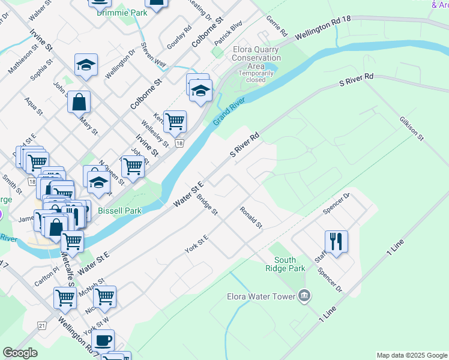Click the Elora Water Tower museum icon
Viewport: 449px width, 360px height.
click(x=304, y=296)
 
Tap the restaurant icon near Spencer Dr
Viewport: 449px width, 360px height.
click(x=336, y=241)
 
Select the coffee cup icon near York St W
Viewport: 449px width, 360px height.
click(x=103, y=340)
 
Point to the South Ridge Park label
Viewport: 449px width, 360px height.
click(x=285, y=264)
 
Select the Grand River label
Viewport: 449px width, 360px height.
click(x=229, y=112)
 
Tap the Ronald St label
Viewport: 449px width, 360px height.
click(x=251, y=217)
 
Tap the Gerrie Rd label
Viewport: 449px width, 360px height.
click(x=277, y=25)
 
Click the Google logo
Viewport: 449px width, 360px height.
click(x=20, y=353)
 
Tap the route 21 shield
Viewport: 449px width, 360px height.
click(x=41, y=325)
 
